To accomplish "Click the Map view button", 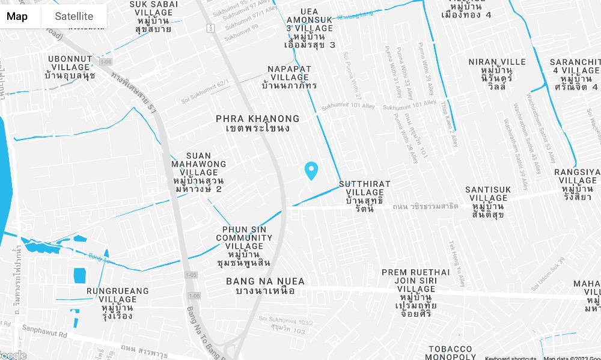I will [x=17, y=16].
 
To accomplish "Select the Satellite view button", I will [x=74, y=16].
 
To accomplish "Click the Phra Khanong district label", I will [x=257, y=123].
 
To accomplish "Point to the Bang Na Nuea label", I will [x=265, y=285].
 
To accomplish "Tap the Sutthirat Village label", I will [x=364, y=196].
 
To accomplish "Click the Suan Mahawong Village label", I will [x=198, y=172].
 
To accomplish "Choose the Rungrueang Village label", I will [x=111, y=303].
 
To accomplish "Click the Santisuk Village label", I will [x=488, y=202].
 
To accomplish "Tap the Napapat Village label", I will [x=290, y=78].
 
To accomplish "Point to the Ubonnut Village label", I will [x=70, y=67].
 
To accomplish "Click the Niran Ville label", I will [x=497, y=75].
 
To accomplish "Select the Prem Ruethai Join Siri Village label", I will [x=415, y=293].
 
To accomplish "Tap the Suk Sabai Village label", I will [x=154, y=16].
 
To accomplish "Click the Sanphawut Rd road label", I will [x=44, y=329].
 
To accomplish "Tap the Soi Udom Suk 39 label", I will [x=548, y=274].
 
